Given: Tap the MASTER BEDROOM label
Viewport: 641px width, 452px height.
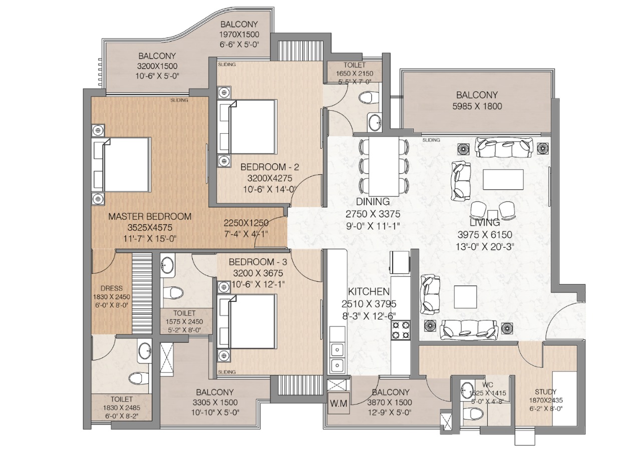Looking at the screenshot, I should click(150, 216).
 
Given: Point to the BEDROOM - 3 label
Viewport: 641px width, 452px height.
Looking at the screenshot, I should click(258, 262).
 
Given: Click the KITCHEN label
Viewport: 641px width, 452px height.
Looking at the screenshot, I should click(369, 292).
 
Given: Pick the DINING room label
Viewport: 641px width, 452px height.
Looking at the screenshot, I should click(373, 202).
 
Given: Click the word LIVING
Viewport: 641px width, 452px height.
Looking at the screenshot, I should click(484, 222).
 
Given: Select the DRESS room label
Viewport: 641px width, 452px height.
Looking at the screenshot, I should click(108, 288).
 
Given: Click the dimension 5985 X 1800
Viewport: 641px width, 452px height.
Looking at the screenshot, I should click(476, 106).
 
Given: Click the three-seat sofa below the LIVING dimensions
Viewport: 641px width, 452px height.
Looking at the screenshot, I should click(469, 328).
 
